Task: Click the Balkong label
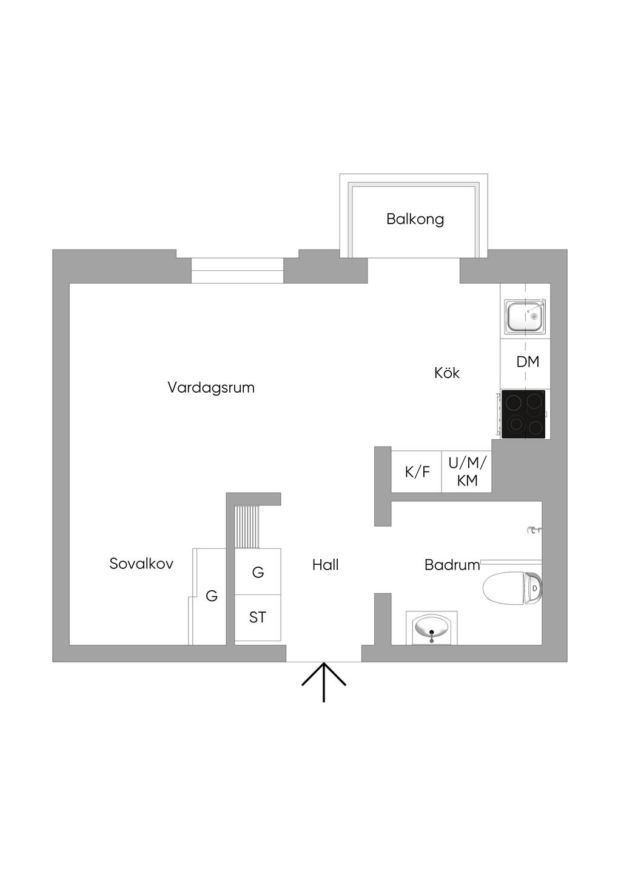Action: (415, 219)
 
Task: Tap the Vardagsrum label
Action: (211, 387)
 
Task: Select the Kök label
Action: (447, 373)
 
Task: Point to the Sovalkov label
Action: (141, 564)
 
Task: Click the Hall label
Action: (325, 565)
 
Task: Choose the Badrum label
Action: (452, 565)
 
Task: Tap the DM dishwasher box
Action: (527, 362)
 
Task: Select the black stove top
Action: (524, 414)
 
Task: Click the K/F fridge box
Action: (417, 471)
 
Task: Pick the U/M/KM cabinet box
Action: (466, 471)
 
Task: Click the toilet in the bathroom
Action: (512, 588)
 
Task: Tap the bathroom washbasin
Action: (431, 629)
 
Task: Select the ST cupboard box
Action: (258, 617)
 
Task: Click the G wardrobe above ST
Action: (258, 572)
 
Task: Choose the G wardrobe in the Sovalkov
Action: (211, 596)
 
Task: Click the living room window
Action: (237, 271)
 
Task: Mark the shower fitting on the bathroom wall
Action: (533, 531)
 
